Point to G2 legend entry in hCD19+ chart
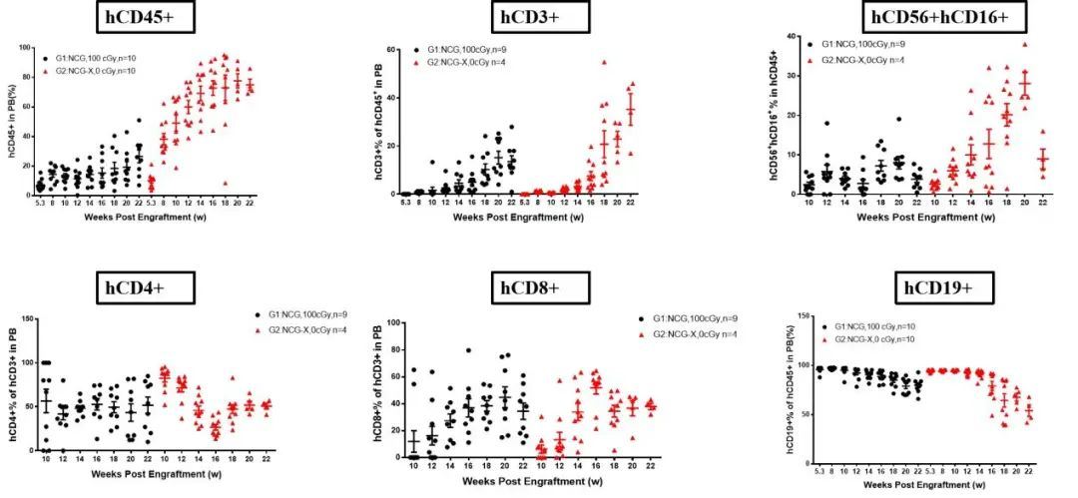(x=871, y=340)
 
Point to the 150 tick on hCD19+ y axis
(x=803, y=317)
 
